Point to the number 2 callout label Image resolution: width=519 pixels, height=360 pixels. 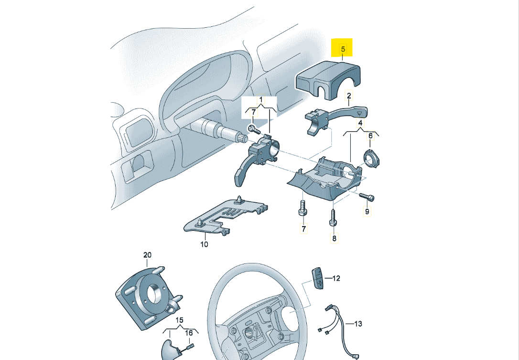[349, 96]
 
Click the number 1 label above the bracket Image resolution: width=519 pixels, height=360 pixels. [261, 100]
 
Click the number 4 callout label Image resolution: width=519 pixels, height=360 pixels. [360, 123]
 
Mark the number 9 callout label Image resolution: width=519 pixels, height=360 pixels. [367, 211]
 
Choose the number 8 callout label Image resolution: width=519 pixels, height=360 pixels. [334, 238]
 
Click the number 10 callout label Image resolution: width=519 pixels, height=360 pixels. [204, 244]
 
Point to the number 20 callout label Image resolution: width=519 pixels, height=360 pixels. [147, 255]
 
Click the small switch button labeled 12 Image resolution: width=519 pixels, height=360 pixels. [317, 277]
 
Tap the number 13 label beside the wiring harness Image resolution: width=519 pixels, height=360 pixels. [358, 324]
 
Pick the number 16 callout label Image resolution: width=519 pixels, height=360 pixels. [189, 333]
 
